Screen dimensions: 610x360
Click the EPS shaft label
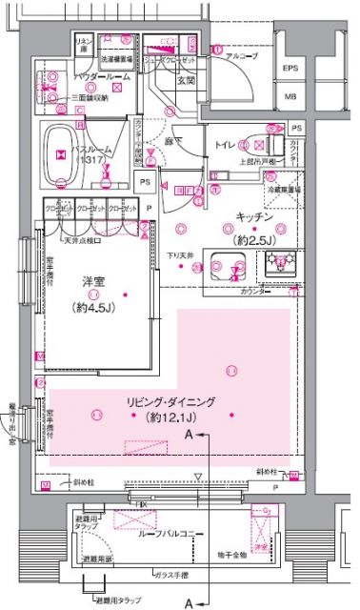[x=291, y=69]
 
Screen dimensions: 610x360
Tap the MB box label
[x=291, y=97]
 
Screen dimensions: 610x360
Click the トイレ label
[x=226, y=146]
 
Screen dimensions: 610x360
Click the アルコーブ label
[x=242, y=57]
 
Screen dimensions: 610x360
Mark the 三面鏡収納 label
[x=90, y=97]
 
